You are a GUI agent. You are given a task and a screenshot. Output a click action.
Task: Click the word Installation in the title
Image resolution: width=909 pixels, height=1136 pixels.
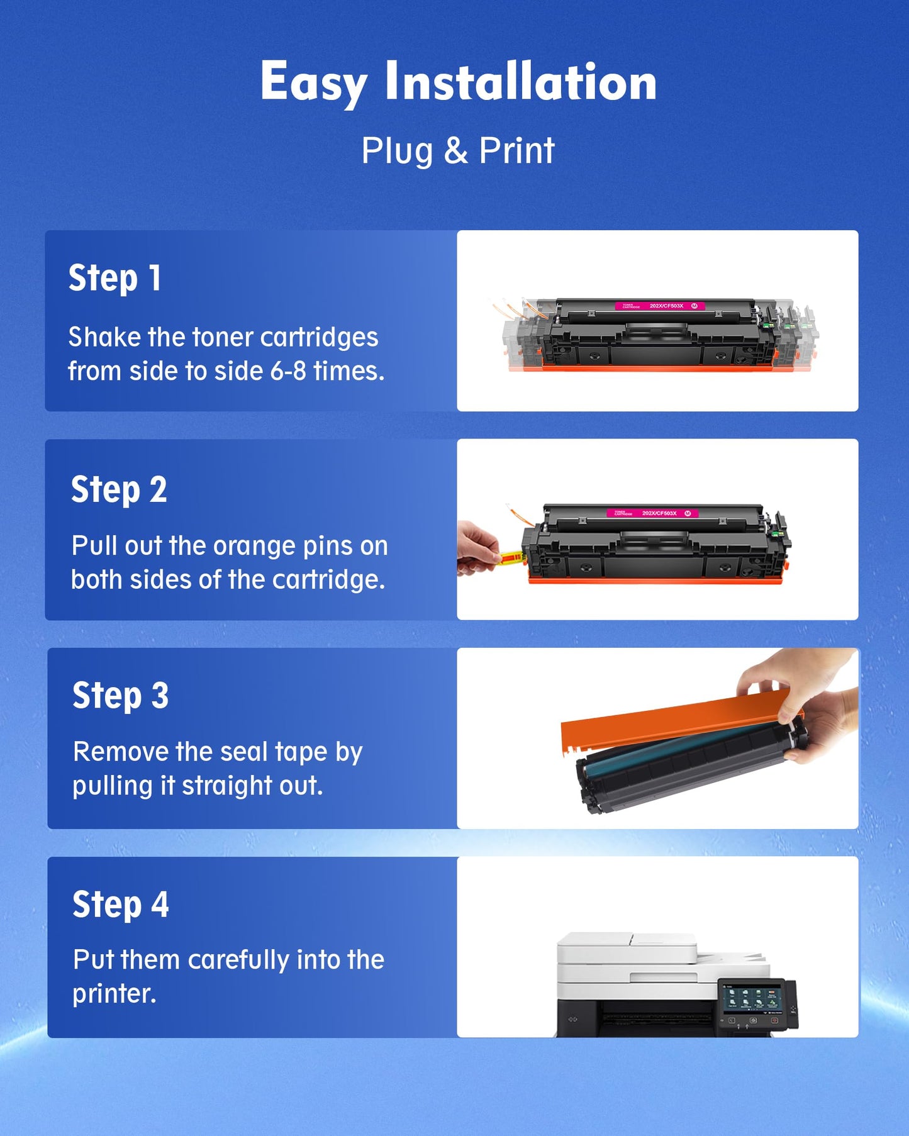point(521,82)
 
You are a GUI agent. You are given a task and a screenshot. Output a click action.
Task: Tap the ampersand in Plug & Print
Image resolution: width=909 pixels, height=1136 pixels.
point(455,151)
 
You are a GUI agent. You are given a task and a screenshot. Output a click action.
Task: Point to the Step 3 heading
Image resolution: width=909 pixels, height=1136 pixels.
point(120,696)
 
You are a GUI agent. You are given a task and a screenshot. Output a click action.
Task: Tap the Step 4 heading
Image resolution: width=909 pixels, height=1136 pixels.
point(120,905)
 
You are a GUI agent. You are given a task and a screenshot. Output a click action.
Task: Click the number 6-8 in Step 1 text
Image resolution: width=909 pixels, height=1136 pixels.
point(288,371)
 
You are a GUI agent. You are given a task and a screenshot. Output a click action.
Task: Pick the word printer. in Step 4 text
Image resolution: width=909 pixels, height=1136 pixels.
point(114,994)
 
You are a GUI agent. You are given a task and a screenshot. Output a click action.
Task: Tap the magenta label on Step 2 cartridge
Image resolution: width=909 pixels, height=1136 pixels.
point(652,513)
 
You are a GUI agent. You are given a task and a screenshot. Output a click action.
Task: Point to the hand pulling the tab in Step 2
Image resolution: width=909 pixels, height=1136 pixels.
point(477,549)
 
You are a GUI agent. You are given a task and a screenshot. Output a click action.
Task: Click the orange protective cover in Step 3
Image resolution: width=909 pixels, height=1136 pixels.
point(667,723)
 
